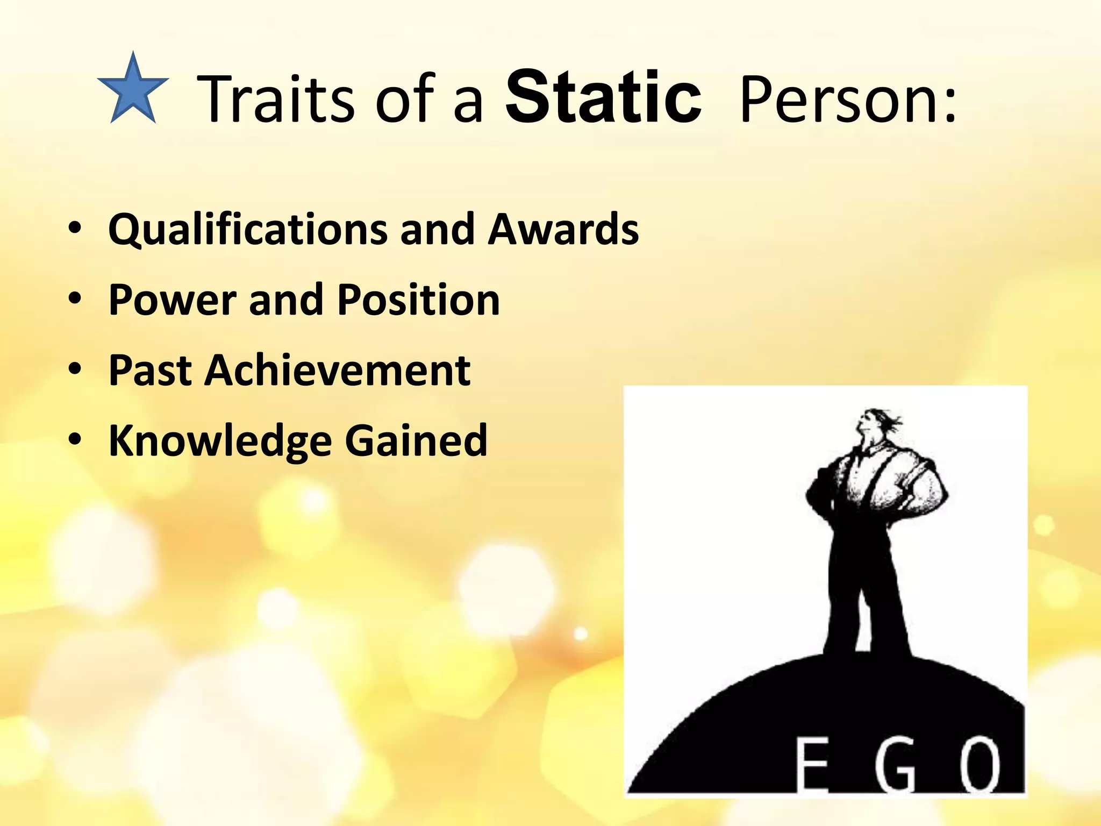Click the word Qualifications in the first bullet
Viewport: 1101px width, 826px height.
click(x=247, y=230)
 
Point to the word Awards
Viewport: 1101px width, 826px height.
click(x=563, y=229)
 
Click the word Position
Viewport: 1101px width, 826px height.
click(x=419, y=300)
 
